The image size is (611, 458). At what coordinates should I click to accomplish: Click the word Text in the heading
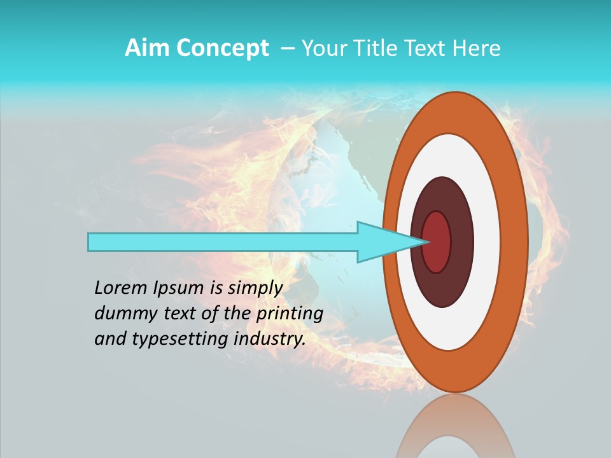426,48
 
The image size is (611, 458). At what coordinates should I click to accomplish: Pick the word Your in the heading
323,48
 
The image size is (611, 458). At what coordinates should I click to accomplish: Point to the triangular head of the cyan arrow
382,242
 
